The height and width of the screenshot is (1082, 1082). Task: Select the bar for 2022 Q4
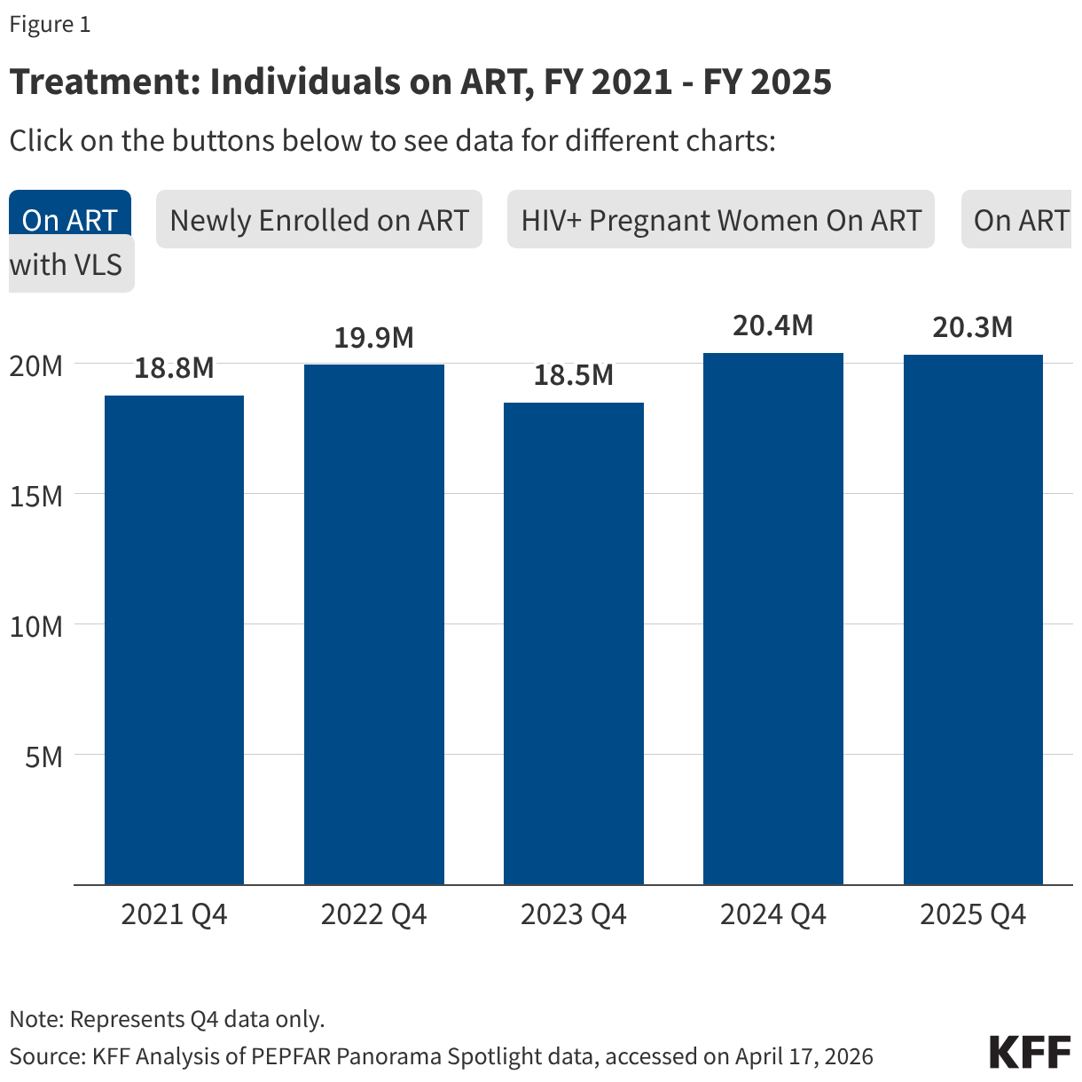click(x=373, y=623)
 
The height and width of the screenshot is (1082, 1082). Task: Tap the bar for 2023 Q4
click(x=573, y=643)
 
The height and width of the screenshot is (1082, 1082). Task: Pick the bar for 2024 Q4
click(x=772, y=618)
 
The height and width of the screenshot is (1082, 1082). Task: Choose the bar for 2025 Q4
click(x=973, y=619)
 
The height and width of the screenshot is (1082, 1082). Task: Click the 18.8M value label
click(x=174, y=368)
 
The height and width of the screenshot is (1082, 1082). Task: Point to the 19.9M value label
click(x=373, y=338)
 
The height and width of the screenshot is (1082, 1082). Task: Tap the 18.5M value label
click(x=573, y=375)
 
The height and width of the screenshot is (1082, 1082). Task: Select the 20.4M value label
click(x=772, y=325)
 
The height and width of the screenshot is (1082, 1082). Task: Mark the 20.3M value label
click(x=973, y=327)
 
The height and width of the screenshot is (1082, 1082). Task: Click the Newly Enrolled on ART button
click(x=318, y=220)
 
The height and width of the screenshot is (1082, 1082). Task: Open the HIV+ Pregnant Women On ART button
click(x=720, y=220)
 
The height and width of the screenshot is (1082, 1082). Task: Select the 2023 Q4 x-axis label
click(x=573, y=914)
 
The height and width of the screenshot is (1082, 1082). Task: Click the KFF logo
click(x=1030, y=1052)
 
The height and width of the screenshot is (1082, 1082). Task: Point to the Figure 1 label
click(x=50, y=25)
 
